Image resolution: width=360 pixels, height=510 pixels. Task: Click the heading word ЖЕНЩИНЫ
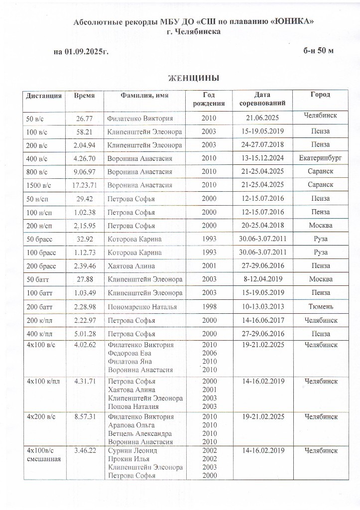pos(194,79)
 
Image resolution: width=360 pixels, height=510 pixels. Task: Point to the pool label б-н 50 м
pos(318,51)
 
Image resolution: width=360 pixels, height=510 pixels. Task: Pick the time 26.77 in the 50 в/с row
pos(85,119)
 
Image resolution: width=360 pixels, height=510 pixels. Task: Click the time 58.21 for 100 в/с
pos(85,132)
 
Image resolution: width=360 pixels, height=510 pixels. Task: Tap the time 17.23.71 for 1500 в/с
pos(84,185)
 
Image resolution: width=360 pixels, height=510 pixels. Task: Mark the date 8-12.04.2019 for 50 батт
pos(262,279)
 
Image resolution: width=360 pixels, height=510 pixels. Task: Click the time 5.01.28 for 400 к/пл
pos(84,333)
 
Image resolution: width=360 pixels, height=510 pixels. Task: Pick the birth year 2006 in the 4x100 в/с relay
pos(209,353)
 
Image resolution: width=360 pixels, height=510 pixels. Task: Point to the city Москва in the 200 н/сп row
pos(320,226)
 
